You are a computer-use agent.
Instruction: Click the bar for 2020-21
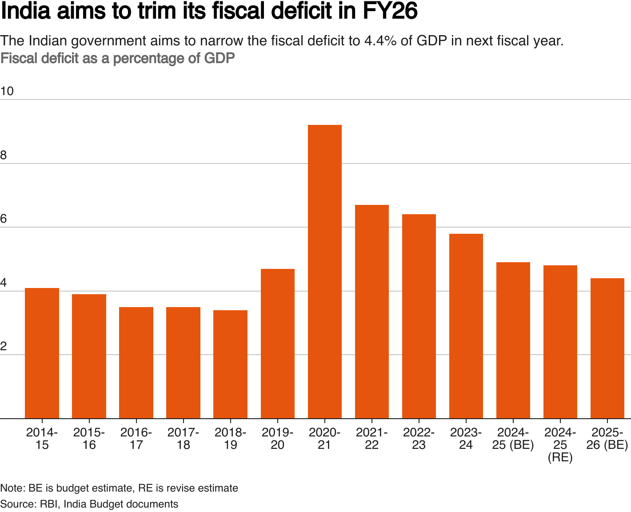point(324,272)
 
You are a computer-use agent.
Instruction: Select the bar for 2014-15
point(42,353)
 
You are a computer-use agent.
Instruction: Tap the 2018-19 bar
point(230,364)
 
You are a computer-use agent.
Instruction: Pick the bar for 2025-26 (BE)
point(607,348)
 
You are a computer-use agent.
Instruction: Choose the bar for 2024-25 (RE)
point(560,342)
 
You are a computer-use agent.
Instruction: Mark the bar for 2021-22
point(371,312)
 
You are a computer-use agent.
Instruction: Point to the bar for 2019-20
point(277,344)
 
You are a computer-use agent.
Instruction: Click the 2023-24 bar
point(466,326)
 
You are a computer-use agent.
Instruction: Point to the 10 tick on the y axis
point(7,92)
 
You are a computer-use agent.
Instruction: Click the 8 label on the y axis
point(4,156)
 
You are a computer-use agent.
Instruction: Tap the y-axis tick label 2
point(4,347)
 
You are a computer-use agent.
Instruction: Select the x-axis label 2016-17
point(136,438)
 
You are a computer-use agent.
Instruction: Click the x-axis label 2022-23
point(419,438)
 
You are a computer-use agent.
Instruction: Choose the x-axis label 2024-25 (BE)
point(513,438)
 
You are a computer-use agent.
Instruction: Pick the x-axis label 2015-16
point(89,438)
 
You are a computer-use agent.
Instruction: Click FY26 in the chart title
point(390,12)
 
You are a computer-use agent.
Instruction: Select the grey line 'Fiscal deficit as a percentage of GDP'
point(117,58)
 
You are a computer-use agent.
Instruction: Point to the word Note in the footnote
point(12,488)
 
